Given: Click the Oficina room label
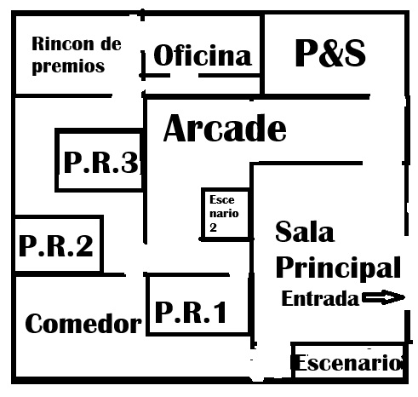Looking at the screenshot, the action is click(x=203, y=55).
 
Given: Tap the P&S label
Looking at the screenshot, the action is click(x=330, y=53).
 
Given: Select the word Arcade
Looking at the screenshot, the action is click(x=225, y=128).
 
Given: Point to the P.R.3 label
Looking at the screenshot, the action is click(x=101, y=162).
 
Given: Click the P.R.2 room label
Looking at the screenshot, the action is click(x=56, y=246).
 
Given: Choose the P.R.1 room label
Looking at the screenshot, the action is click(x=191, y=312).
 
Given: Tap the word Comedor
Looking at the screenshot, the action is click(x=83, y=324).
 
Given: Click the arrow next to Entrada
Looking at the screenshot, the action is click(x=383, y=297).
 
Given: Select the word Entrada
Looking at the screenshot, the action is click(x=320, y=298).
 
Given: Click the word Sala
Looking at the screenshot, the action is click(x=305, y=232).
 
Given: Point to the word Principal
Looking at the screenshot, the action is click(x=338, y=268).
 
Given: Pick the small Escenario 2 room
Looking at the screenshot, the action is click(x=226, y=214).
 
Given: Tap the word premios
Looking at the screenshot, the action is click(x=68, y=66).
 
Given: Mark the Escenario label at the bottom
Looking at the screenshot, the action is click(x=349, y=363).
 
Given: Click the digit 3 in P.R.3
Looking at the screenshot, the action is click(x=129, y=162).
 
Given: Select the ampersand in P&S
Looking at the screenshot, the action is click(x=330, y=53).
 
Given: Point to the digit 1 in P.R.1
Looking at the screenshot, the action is click(x=220, y=312).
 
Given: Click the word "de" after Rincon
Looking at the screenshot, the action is click(x=112, y=44).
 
